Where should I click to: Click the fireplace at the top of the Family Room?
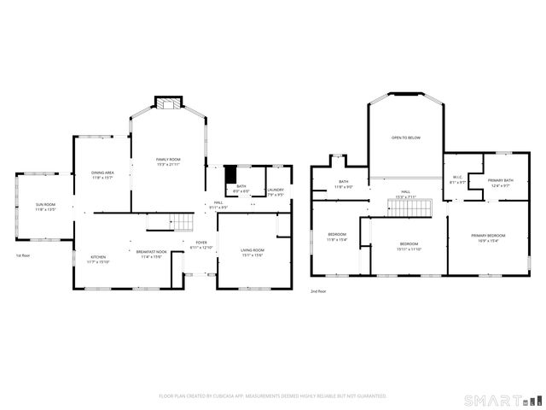167,103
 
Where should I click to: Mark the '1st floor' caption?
24,255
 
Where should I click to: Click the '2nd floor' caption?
318,291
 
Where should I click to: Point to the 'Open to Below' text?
405,138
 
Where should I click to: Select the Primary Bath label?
500,182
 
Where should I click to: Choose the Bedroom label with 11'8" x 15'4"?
338,237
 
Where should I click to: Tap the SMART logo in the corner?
502,399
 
